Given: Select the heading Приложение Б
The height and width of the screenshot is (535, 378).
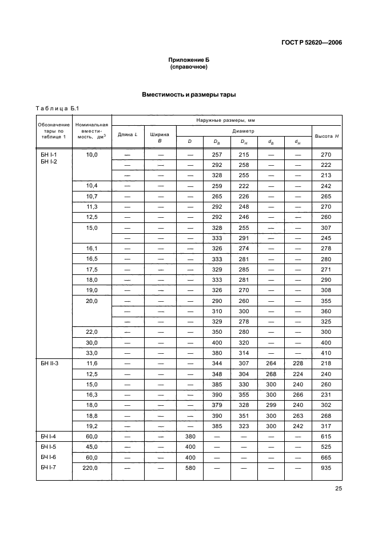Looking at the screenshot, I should [x=189, y=60].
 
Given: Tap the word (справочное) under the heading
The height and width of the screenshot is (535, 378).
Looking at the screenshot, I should [x=189, y=67].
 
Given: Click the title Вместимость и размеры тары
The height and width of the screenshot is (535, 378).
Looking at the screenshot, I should [x=189, y=94].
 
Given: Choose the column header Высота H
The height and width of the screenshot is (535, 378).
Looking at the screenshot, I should [x=327, y=135].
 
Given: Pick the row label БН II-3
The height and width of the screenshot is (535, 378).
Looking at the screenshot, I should [x=49, y=363].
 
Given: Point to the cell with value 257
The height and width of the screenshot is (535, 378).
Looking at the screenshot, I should [x=217, y=155].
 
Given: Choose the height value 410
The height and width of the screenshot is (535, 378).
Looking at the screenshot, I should [x=327, y=353].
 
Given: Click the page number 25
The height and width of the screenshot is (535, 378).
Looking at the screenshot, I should [x=337, y=489].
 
